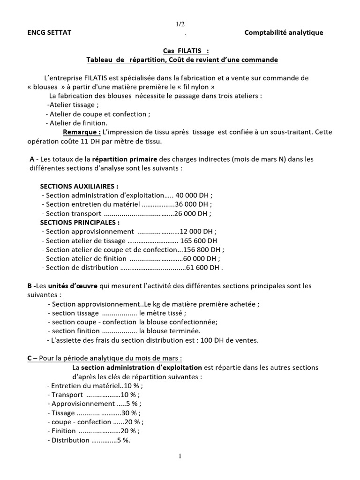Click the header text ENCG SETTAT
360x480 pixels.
[x=49, y=32]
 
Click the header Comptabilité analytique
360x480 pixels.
[x=284, y=32]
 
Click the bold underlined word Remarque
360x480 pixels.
[x=82, y=132]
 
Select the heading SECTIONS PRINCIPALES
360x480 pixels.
[x=79, y=222]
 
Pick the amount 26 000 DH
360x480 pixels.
[x=192, y=214]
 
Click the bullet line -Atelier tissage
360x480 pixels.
[x=73, y=105]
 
